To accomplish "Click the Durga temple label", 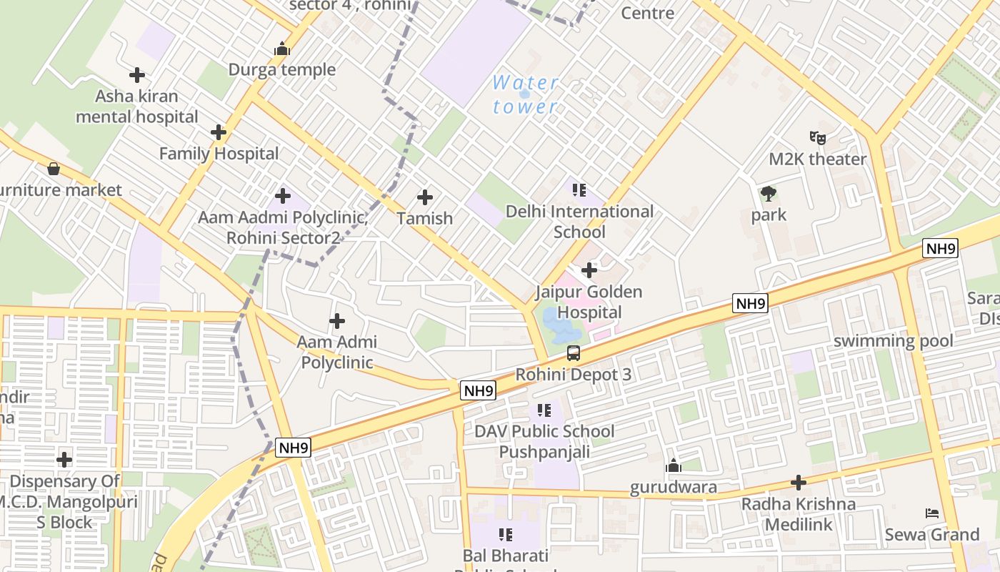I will pos(282,70).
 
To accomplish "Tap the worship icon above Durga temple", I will pos(282,49).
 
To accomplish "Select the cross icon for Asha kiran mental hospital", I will pos(137,74).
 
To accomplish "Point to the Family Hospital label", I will pos(219,154).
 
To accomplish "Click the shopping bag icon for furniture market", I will pos(53,169).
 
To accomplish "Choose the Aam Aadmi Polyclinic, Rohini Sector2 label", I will pos(283,227).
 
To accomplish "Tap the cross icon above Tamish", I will pos(425,197).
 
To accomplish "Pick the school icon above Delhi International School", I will pos(579,190).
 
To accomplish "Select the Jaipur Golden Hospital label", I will pos(589,302).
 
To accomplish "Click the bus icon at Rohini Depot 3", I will pos(574,352).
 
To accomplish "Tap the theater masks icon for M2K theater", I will pos(817,137).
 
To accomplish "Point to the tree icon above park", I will pos(769,193).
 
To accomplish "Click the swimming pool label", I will pos(893,341).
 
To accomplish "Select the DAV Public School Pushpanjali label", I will pos(544,441).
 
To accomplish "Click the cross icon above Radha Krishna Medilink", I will pos(799,483).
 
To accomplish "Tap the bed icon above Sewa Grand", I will pos(931,513).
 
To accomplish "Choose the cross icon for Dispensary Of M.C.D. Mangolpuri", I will pos(64,460).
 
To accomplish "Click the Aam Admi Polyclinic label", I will pos(336,352).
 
